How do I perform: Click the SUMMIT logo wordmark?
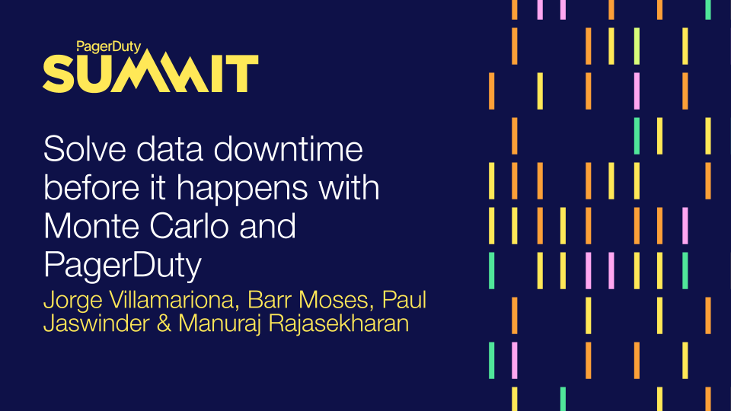pyautogui.click(x=150, y=74)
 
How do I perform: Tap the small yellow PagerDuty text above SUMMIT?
pyautogui.click(x=109, y=46)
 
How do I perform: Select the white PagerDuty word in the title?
pyautogui.click(x=122, y=266)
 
